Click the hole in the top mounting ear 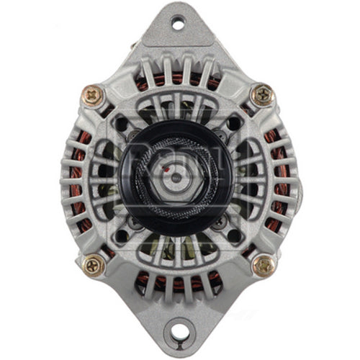click(178, 24)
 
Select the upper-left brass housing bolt click(91, 94)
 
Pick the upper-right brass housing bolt click(262, 94)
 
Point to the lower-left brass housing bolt click(94, 266)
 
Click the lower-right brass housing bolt click(264, 265)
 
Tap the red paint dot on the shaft click(167, 171)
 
